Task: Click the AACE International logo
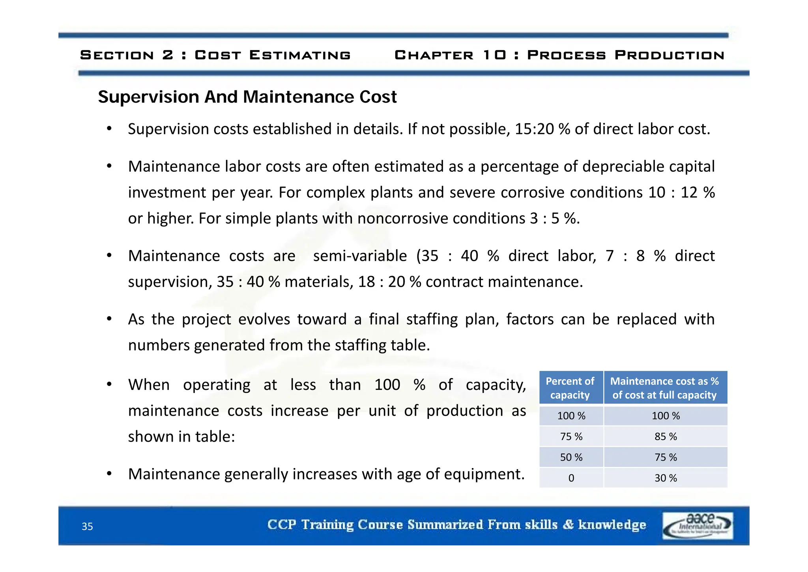(698, 525)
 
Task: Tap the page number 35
(87, 527)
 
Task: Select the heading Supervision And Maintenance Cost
(247, 97)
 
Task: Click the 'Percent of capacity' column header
(570, 388)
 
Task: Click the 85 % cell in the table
(666, 437)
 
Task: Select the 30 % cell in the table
(666, 478)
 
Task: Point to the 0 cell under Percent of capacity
(571, 478)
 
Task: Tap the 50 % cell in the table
(571, 457)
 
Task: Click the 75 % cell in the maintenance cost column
(666, 457)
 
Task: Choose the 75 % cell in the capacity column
(571, 437)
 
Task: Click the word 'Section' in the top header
(117, 55)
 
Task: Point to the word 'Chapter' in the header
(434, 55)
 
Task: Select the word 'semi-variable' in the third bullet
(360, 256)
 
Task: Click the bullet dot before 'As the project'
(109, 319)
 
